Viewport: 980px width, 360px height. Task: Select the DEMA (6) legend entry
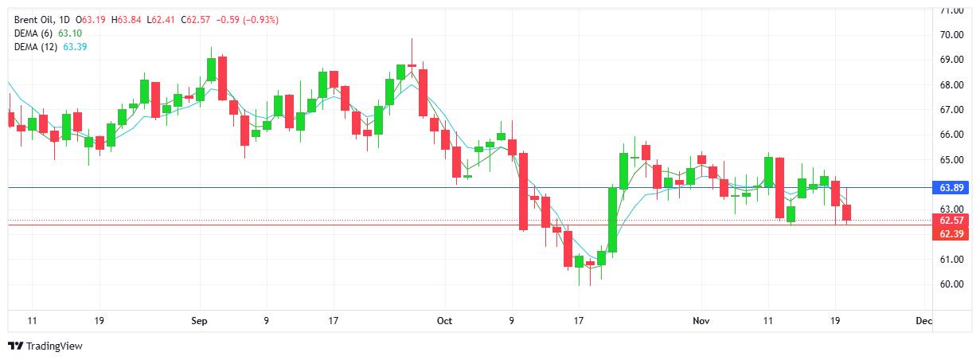click(x=33, y=33)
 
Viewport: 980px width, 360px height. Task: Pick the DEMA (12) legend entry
click(x=36, y=47)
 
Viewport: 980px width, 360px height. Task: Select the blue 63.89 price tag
click(x=952, y=188)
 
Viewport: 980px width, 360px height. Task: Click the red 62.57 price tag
click(x=952, y=221)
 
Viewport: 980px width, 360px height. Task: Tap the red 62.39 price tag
click(x=952, y=234)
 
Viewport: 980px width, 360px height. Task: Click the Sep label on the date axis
click(x=199, y=321)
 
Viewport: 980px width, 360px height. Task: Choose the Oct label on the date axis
click(x=444, y=321)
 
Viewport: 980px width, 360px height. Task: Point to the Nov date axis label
click(x=701, y=321)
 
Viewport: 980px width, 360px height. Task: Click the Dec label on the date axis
click(x=923, y=321)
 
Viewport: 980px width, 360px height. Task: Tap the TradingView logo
click(x=45, y=346)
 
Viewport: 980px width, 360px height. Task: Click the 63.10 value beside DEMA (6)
click(x=70, y=33)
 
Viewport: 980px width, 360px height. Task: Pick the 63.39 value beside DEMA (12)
click(x=75, y=47)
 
